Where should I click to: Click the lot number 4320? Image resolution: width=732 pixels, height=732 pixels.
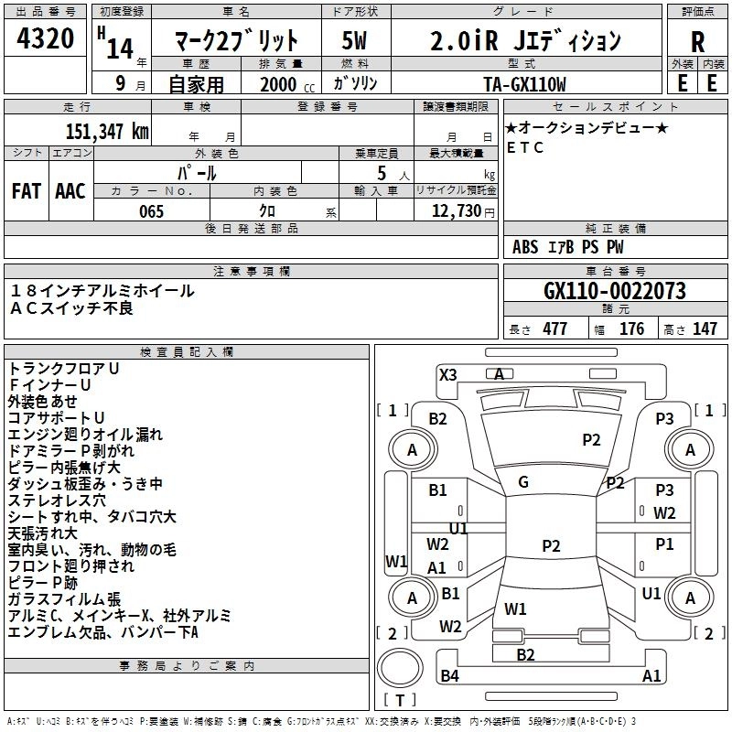click(x=45, y=38)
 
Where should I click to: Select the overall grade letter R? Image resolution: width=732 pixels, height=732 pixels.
click(x=697, y=42)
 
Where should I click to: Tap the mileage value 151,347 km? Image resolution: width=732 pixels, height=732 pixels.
click(x=107, y=131)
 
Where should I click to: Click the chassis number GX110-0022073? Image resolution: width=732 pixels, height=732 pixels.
click(x=615, y=291)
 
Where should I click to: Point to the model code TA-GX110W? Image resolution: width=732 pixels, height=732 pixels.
click(x=524, y=84)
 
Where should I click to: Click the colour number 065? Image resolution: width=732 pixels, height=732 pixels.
click(x=152, y=211)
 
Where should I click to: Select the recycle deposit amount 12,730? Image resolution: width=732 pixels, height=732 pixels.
click(x=457, y=211)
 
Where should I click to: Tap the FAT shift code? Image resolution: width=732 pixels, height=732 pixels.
click(x=27, y=191)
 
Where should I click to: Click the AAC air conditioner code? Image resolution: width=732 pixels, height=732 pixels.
click(x=70, y=191)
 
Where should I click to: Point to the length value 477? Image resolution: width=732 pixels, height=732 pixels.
click(x=555, y=328)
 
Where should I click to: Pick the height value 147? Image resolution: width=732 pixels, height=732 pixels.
click(x=705, y=328)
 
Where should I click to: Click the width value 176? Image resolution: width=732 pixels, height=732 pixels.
click(x=631, y=328)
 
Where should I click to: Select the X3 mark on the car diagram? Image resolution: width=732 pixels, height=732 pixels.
click(x=448, y=375)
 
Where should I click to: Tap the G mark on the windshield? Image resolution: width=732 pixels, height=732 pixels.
click(x=523, y=482)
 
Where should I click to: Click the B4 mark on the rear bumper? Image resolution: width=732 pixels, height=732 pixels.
click(x=450, y=675)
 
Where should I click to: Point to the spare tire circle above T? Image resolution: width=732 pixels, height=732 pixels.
click(x=400, y=668)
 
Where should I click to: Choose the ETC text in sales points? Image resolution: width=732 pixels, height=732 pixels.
click(x=525, y=147)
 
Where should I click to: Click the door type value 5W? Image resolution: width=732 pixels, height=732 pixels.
click(x=354, y=40)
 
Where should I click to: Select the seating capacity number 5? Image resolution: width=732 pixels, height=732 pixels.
click(x=382, y=173)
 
